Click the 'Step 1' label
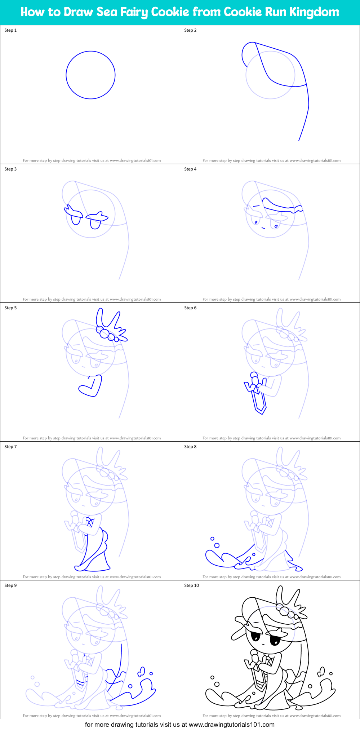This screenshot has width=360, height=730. pyautogui.click(x=10, y=30)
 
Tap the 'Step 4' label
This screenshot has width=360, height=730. pyautogui.click(x=190, y=169)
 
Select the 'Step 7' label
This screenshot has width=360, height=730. pyautogui.click(x=10, y=447)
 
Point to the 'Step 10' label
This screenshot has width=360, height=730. pyautogui.click(x=191, y=585)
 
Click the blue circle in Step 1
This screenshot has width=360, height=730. pyautogui.click(x=90, y=75)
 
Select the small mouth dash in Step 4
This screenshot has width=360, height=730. pyautogui.click(x=263, y=228)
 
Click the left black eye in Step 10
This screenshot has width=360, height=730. pyautogui.click(x=255, y=637)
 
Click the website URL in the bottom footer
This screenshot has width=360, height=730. pyautogui.click(x=231, y=725)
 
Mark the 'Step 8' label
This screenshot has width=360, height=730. pyautogui.click(x=190, y=447)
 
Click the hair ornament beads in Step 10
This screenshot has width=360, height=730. pyautogui.click(x=287, y=611)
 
